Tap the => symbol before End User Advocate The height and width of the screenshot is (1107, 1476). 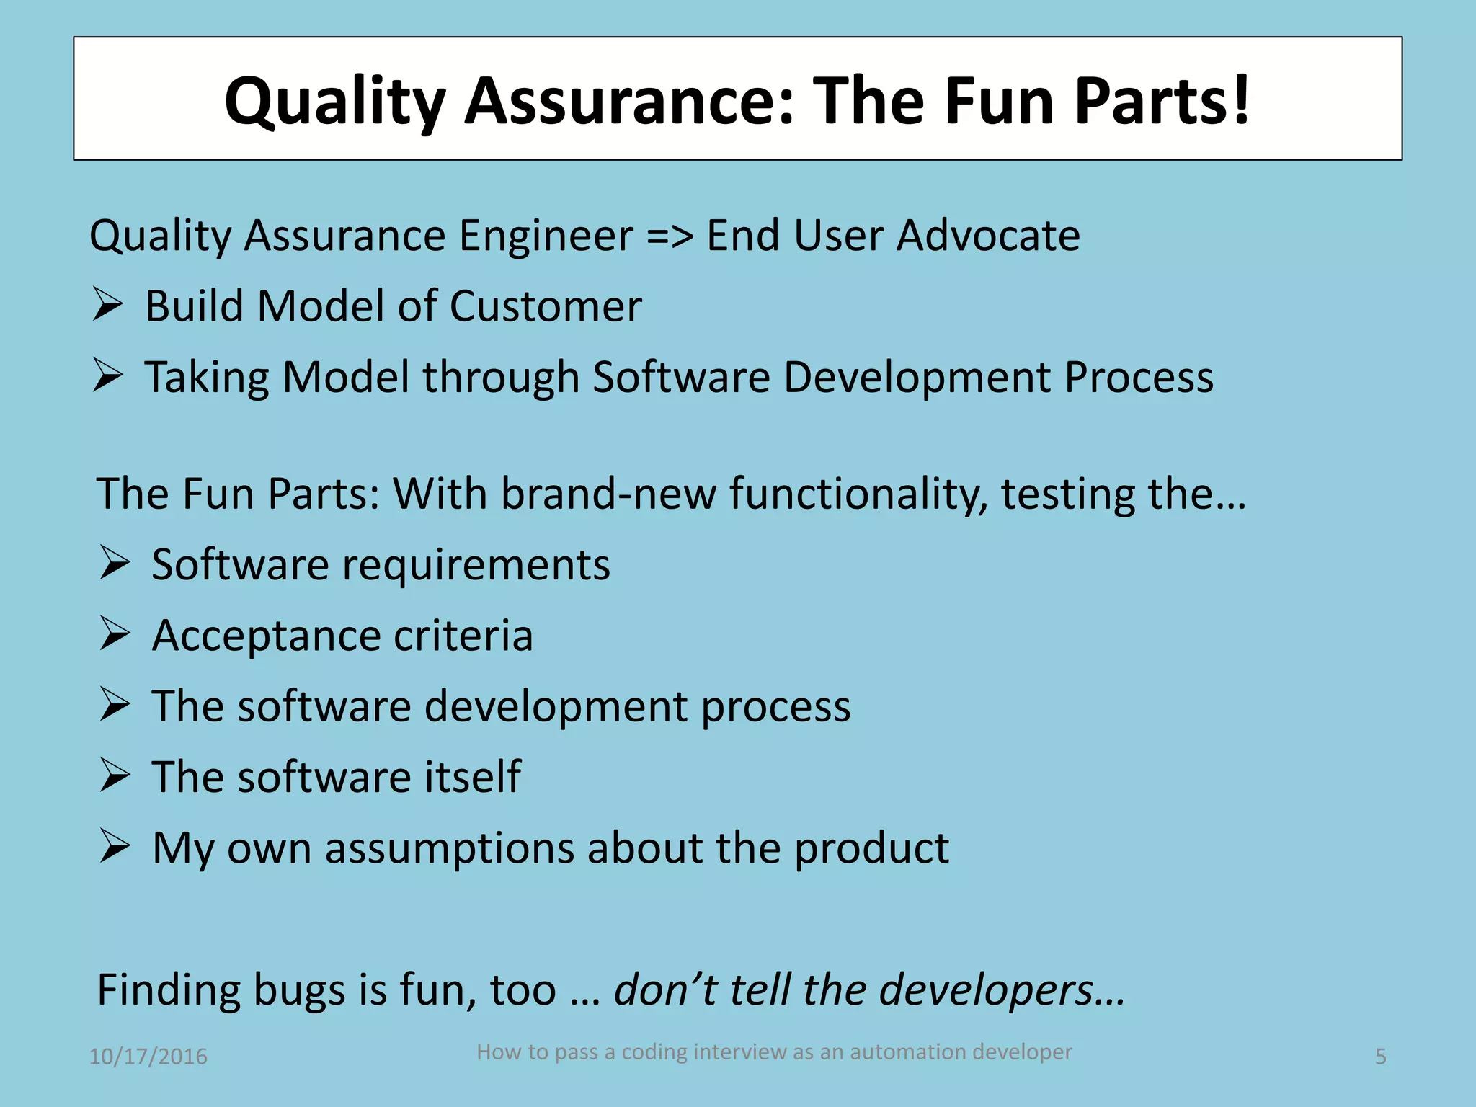670,236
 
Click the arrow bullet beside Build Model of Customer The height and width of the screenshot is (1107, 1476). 107,305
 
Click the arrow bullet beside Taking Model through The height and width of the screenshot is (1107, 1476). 107,375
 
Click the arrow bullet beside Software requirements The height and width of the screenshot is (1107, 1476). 115,564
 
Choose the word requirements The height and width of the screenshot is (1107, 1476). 476,565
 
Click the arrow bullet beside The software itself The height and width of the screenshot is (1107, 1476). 115,776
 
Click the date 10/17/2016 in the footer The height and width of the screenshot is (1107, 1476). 148,1057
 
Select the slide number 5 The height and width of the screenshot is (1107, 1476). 1380,1057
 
